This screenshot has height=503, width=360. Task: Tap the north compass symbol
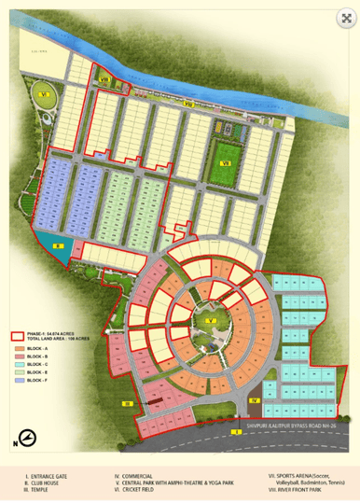(28, 440)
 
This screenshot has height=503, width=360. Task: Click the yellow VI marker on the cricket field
(43, 94)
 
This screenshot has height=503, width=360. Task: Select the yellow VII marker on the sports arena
(225, 163)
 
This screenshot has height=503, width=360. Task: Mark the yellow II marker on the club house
(57, 245)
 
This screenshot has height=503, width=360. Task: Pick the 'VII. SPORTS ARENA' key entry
(303, 476)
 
